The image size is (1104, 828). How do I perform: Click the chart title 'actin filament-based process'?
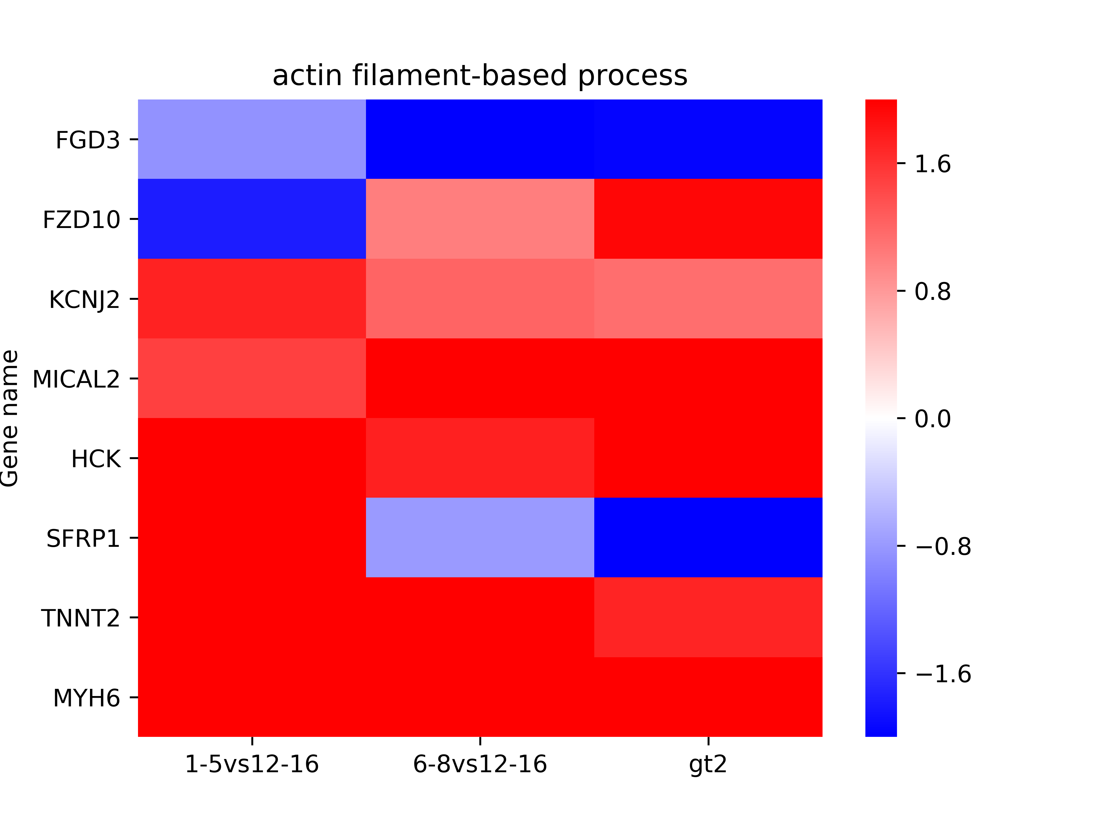point(480,76)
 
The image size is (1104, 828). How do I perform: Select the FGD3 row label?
point(88,140)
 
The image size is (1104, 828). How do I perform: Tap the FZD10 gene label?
point(81,220)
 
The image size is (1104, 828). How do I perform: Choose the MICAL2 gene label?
point(76,379)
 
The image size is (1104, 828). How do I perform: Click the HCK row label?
point(96,459)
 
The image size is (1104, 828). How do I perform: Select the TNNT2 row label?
point(81,618)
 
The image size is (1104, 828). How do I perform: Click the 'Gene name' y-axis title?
point(10,418)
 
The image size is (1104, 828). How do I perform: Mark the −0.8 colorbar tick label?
point(943,547)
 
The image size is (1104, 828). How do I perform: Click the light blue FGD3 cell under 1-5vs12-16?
point(252,139)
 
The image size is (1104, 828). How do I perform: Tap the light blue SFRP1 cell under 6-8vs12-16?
point(480,538)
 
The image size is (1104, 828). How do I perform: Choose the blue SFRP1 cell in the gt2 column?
point(708,538)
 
